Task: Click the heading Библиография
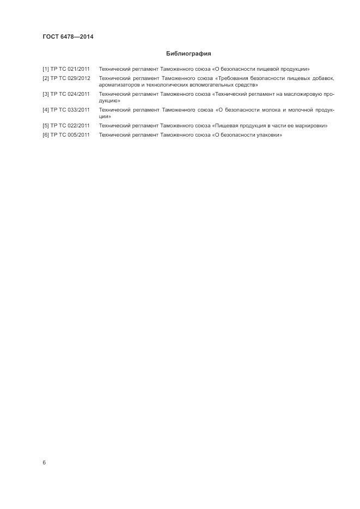coord(188,54)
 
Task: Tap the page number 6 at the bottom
coord(44,462)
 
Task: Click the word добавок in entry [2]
coord(321,78)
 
